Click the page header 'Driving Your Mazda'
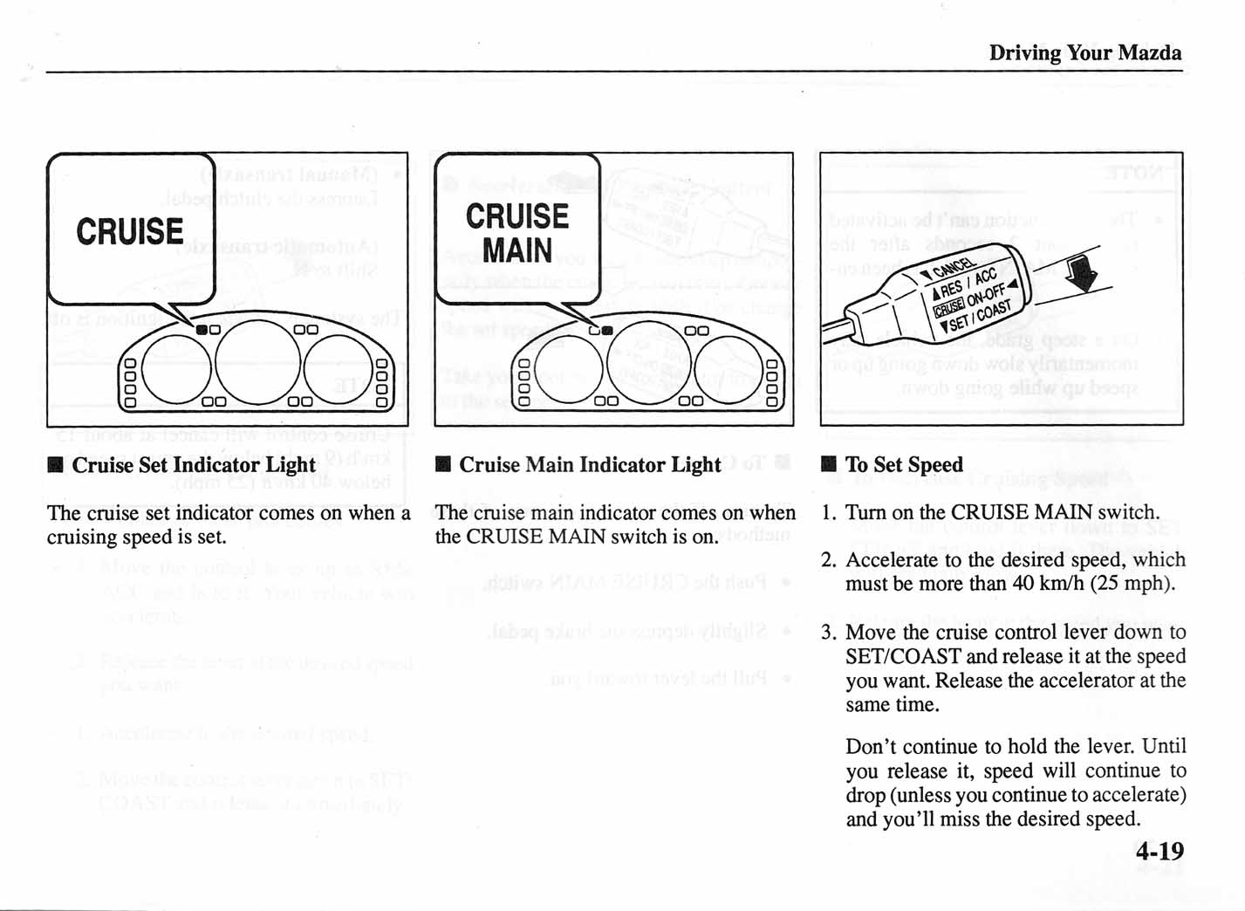(x=1084, y=53)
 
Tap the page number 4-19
(x=1159, y=851)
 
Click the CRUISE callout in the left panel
(x=130, y=231)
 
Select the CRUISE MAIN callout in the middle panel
(x=516, y=232)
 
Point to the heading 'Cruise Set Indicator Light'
(x=193, y=465)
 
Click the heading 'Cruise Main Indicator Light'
(x=590, y=465)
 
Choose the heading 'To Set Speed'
(x=904, y=465)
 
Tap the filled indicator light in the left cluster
(x=202, y=330)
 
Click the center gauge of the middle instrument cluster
(x=647, y=362)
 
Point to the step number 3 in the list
(x=827, y=632)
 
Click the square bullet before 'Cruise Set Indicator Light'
(x=56, y=465)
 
